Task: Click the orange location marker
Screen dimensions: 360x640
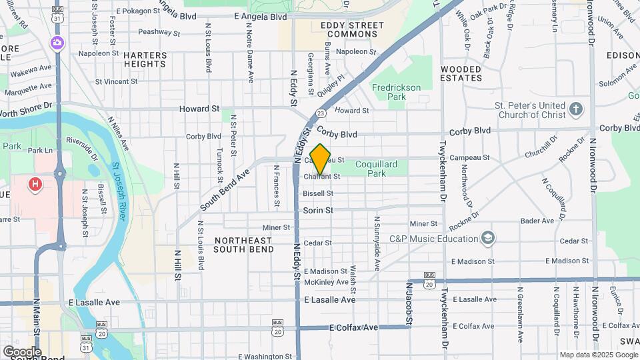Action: point(321,159)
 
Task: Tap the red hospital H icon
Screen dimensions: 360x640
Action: point(35,182)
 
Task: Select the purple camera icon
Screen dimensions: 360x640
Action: point(57,43)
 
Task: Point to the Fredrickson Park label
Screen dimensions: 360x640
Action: point(396,92)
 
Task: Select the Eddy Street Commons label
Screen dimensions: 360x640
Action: point(352,29)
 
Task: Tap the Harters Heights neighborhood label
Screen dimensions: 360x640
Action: point(145,59)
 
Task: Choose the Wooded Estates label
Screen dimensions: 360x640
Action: point(461,73)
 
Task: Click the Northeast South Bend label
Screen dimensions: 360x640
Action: point(243,245)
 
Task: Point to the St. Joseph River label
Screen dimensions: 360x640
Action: point(120,193)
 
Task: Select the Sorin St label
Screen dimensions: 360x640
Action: point(318,210)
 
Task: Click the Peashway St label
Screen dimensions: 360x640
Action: point(159,31)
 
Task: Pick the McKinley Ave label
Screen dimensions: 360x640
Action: point(326,282)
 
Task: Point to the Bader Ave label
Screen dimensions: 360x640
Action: point(537,221)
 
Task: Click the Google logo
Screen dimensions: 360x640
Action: point(22,351)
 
